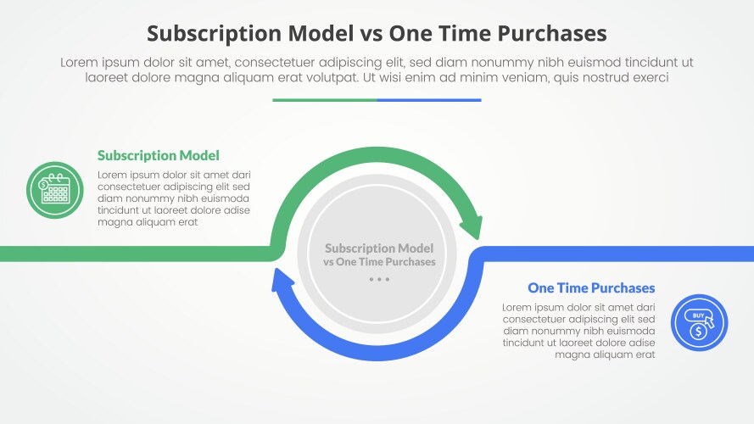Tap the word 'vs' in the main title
(x=370, y=33)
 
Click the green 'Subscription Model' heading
(x=158, y=155)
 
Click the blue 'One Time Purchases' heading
(x=591, y=288)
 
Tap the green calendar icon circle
(x=54, y=190)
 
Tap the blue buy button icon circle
(x=699, y=323)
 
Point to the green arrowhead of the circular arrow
(x=471, y=227)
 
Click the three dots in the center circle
(x=379, y=279)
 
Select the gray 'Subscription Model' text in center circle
(x=379, y=248)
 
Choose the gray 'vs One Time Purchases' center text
(x=379, y=262)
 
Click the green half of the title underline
(x=325, y=100)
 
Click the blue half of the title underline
(x=429, y=100)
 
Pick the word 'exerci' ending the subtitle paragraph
(x=651, y=77)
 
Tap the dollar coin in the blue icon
(x=697, y=332)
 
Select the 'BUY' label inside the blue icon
(x=697, y=315)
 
